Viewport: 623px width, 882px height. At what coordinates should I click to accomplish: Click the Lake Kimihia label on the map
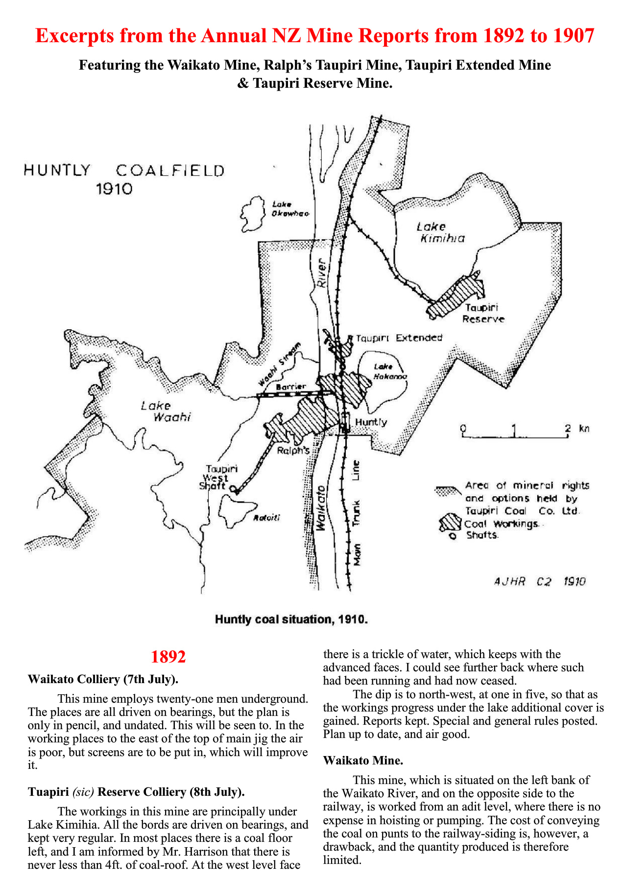point(440,233)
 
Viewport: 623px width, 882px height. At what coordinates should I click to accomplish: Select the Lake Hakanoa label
point(390,371)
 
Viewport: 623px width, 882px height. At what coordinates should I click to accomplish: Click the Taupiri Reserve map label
point(483,314)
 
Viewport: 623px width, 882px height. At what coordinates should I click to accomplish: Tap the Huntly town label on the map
point(371,422)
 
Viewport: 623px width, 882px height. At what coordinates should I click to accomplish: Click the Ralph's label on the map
point(293,450)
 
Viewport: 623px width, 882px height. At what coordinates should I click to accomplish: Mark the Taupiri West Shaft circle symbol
point(233,489)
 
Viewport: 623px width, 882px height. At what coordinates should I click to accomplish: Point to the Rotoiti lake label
point(266,518)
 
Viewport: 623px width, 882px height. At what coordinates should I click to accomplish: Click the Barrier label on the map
point(291,387)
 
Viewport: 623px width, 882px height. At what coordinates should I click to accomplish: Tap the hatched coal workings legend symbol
point(450,523)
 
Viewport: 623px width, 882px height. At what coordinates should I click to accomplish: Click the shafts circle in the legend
point(453,536)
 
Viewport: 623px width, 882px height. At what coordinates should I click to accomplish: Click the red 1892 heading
point(168,657)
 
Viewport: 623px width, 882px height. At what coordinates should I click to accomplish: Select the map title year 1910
point(114,189)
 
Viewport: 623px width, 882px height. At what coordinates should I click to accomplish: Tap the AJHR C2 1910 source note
point(540,582)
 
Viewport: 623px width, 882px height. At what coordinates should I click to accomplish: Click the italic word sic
point(83,792)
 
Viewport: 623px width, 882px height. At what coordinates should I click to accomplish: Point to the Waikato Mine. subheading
point(363,760)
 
